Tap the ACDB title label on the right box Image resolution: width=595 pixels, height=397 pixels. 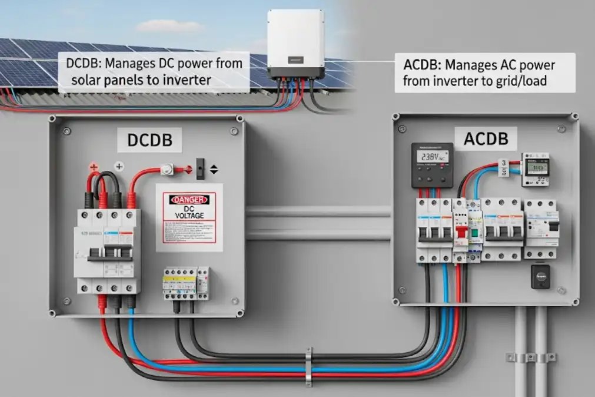pyautogui.click(x=490, y=139)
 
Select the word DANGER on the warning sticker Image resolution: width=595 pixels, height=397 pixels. pyautogui.click(x=190, y=200)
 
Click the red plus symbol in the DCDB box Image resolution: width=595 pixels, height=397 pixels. pyautogui.click(x=93, y=168)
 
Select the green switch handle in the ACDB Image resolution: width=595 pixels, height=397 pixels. pyautogui.click(x=473, y=233)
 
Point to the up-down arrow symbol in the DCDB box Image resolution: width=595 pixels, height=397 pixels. pyautogui.click(x=214, y=170)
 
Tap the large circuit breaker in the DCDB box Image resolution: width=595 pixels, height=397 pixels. pyautogui.click(x=107, y=250)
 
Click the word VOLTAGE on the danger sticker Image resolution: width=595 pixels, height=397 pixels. pyautogui.click(x=189, y=216)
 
